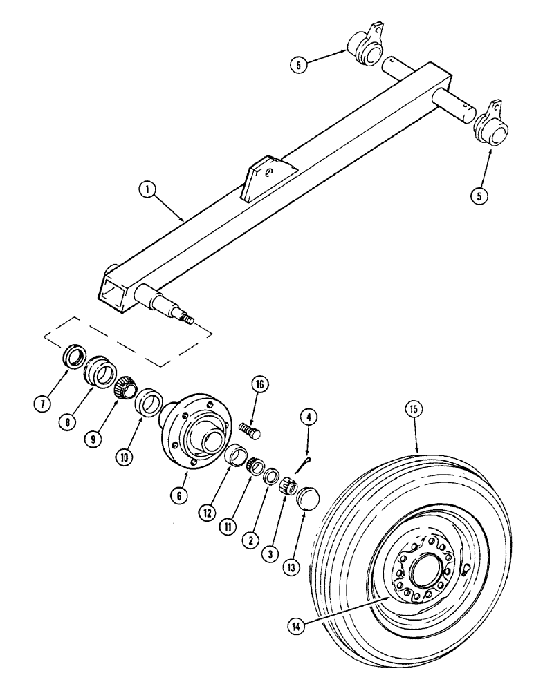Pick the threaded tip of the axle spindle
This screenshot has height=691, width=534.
coord(187,319)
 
